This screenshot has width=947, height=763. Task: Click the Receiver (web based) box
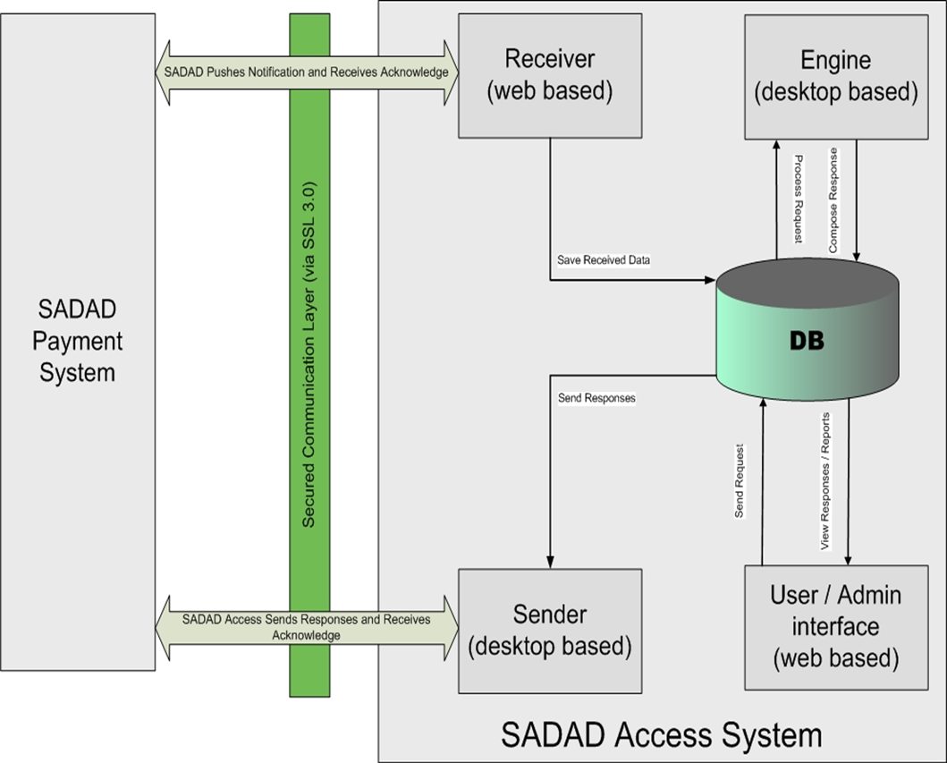(550, 75)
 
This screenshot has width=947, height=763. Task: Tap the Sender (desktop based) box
(550, 629)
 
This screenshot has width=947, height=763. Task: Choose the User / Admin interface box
(835, 626)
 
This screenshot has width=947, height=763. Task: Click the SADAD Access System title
(661, 734)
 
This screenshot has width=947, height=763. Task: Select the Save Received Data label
(604, 259)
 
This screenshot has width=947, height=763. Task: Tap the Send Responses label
(596, 397)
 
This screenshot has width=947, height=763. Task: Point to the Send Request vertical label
(740, 481)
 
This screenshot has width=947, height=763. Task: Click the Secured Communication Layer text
(308, 354)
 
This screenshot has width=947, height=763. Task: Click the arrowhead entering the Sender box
(550, 562)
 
